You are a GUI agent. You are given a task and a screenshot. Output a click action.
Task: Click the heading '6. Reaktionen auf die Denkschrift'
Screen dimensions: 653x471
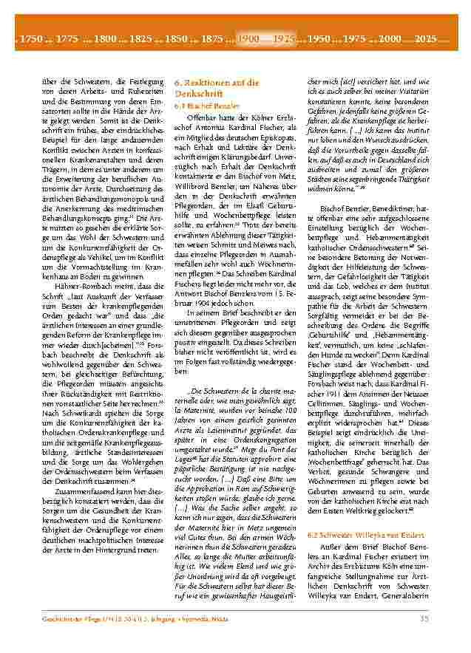pyautogui.click(x=216, y=89)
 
